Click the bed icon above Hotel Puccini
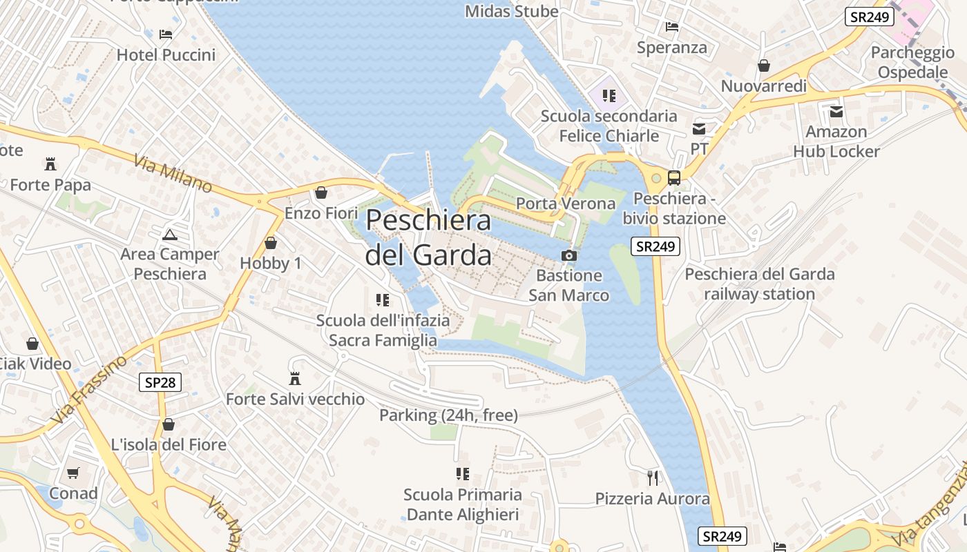166,34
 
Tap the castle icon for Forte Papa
50,164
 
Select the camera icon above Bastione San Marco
568,255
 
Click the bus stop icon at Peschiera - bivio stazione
674,178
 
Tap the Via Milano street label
173,174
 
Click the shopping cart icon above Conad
73,473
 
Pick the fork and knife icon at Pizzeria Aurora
653,477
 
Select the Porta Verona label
566,204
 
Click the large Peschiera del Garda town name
428,237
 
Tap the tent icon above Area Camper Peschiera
169,234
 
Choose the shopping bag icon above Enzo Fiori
320,193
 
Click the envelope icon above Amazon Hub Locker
836,111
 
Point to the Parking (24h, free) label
448,415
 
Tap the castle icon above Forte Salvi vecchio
295,379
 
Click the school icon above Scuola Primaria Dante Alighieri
462,474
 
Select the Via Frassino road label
89,391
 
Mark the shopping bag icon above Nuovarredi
764,66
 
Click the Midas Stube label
512,11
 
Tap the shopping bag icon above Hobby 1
271,243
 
